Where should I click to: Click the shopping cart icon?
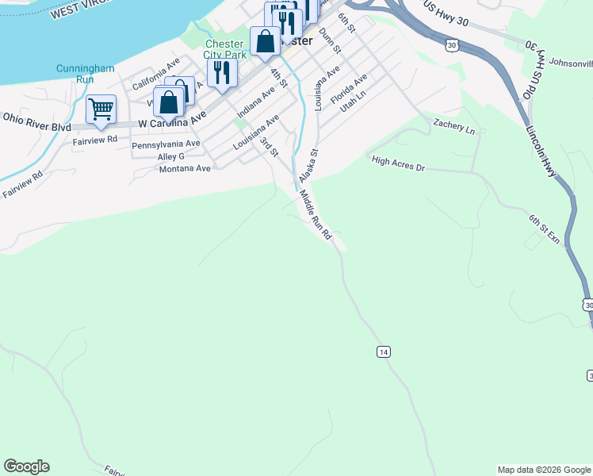pyautogui.click(x=101, y=109)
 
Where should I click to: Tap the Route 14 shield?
pyautogui.click(x=384, y=351)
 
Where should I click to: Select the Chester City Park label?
pyautogui.click(x=226, y=49)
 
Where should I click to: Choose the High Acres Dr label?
pyautogui.click(x=399, y=163)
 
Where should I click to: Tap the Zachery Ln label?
pyautogui.click(x=453, y=127)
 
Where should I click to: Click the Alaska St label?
pyautogui.click(x=308, y=164)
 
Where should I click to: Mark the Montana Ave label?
pyautogui.click(x=186, y=169)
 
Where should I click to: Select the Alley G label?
pyautogui.click(x=171, y=157)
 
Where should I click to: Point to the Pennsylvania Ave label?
pyautogui.click(x=166, y=144)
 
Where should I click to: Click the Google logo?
pyautogui.click(x=26, y=466)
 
